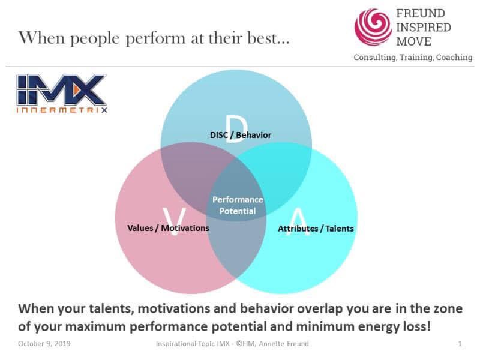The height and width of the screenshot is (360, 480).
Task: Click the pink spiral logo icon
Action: (x=373, y=27)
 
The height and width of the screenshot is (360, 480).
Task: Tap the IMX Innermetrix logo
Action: (x=61, y=94)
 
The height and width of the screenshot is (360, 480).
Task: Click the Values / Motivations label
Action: (x=169, y=228)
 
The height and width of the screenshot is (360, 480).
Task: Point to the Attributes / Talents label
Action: (x=316, y=229)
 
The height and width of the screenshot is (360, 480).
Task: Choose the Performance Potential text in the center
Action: (x=238, y=205)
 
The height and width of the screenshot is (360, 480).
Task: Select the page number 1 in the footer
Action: (x=459, y=344)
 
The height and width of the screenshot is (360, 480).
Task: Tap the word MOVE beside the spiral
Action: (x=415, y=40)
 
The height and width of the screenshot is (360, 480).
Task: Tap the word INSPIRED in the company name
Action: (x=424, y=28)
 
